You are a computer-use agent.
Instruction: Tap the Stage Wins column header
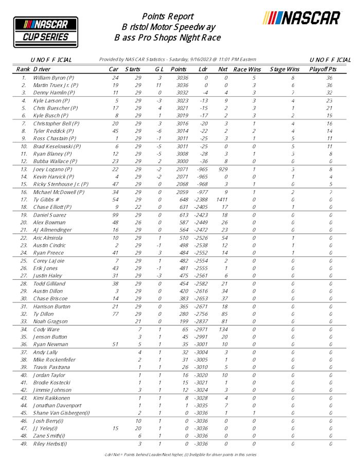point(284,69)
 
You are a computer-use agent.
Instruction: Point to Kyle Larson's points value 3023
point(178,101)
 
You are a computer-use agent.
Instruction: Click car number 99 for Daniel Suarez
point(116,214)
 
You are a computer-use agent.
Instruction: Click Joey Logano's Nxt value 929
point(223,169)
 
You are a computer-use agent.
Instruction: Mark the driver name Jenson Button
point(50,337)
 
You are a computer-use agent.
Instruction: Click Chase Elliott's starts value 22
point(137,207)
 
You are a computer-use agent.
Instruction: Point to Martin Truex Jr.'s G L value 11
point(159,85)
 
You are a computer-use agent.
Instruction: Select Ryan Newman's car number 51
point(116,345)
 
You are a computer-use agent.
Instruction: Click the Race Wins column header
point(247,69)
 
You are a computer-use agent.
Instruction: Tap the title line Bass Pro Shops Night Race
point(168,38)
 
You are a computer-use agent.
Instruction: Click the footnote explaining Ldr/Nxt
point(179,455)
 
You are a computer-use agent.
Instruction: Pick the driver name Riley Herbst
point(50,444)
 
